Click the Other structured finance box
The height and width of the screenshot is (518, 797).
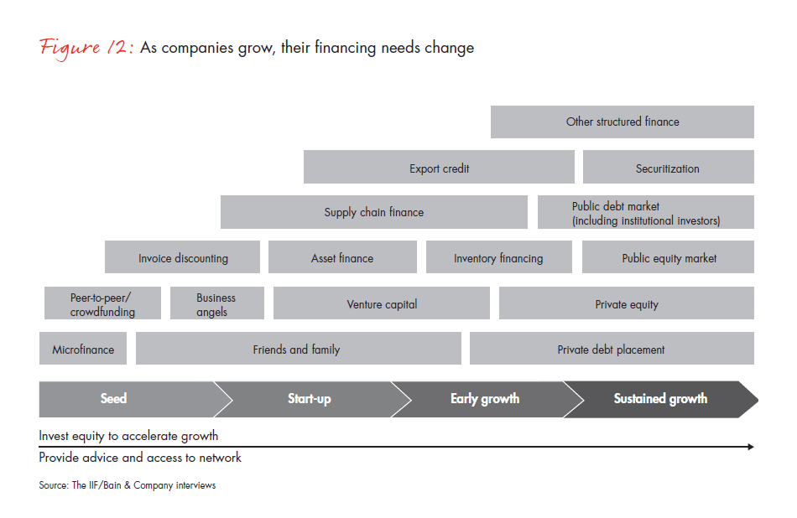click(x=622, y=122)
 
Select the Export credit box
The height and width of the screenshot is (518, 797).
click(x=439, y=167)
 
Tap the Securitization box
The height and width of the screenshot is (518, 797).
click(x=669, y=167)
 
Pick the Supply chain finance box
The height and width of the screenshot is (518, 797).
click(x=374, y=212)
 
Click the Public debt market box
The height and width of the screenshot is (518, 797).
click(x=646, y=212)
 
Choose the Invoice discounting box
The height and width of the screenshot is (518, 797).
click(x=183, y=257)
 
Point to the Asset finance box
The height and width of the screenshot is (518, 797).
click(x=342, y=257)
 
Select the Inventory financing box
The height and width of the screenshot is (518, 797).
click(x=499, y=257)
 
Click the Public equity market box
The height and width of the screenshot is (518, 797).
click(x=668, y=257)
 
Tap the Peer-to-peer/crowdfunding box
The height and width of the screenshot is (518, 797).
click(x=102, y=303)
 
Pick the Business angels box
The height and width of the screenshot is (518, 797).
click(x=217, y=303)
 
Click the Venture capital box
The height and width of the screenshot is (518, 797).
click(x=382, y=303)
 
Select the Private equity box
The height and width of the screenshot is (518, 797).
click(x=627, y=303)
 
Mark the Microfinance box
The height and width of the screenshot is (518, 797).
click(x=83, y=349)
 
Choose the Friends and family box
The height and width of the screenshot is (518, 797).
click(x=299, y=349)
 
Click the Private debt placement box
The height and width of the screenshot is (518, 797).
click(x=612, y=349)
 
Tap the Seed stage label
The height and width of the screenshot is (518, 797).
click(x=113, y=399)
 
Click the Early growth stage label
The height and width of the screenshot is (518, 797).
click(x=485, y=399)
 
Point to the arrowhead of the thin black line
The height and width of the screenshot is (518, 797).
click(x=751, y=447)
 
